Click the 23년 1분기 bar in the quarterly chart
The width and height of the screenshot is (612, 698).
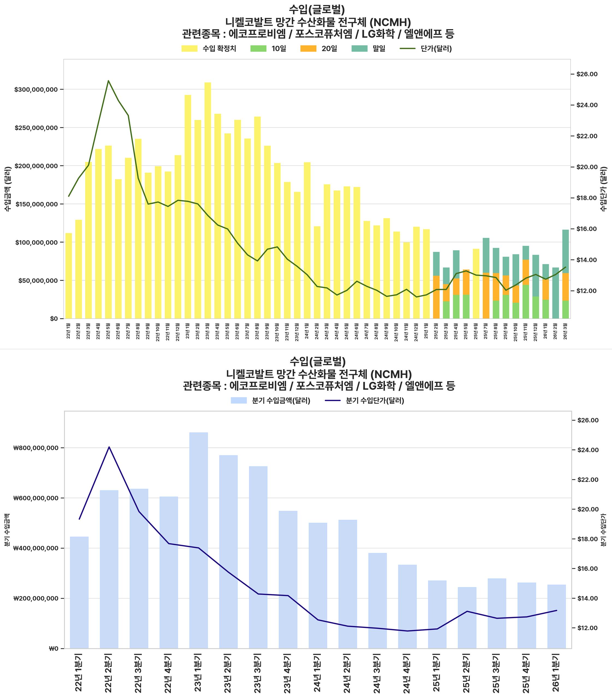198,540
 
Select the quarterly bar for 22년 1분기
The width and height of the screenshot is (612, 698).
79,594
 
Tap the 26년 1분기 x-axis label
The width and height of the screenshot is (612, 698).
556,672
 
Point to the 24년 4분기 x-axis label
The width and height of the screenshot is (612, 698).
407,672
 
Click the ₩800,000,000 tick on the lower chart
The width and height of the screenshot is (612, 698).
36,448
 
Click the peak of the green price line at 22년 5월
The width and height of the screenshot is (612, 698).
108,81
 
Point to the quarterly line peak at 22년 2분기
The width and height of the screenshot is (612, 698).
109,447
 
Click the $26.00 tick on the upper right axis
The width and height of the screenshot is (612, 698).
587,74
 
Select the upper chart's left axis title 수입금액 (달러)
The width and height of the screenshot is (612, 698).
8,189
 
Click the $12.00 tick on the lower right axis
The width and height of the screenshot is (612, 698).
587,628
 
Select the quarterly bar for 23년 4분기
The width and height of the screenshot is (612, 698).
288,580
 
